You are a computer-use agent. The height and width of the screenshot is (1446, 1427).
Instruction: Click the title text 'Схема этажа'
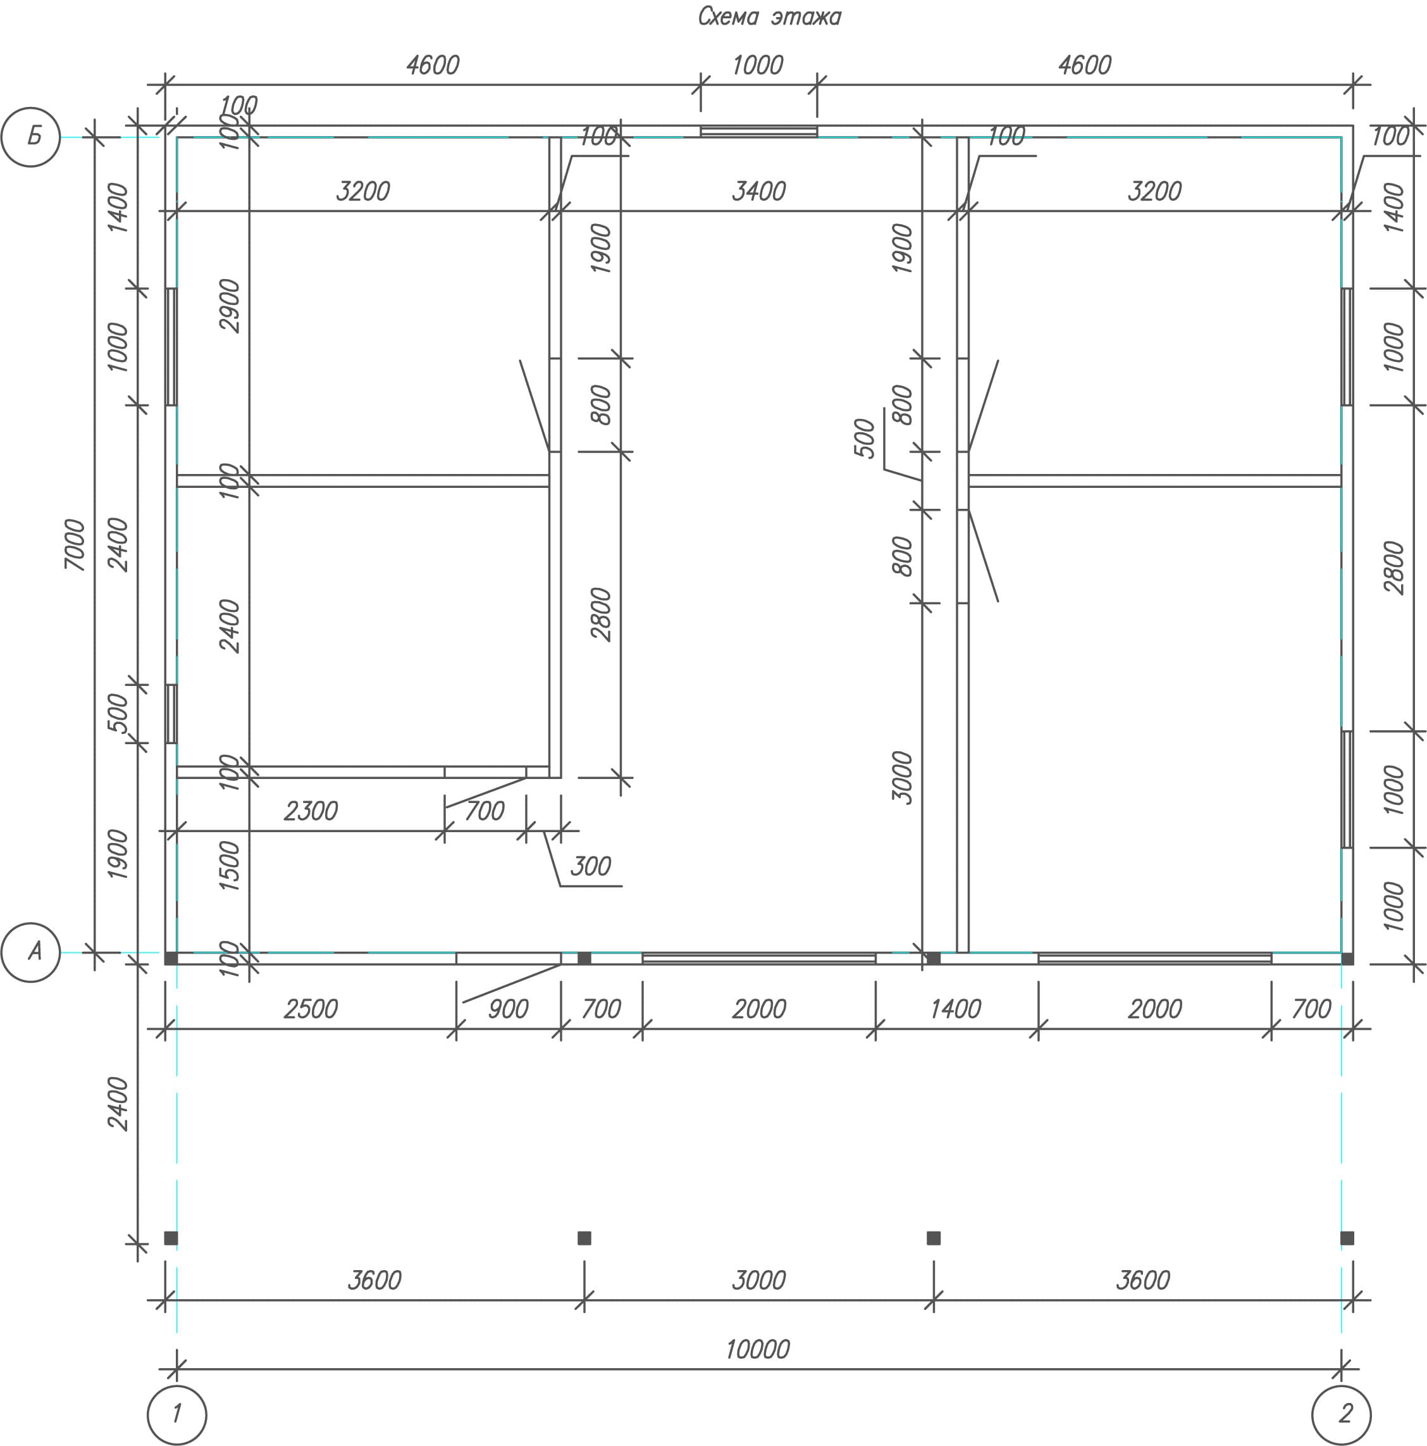[769, 16]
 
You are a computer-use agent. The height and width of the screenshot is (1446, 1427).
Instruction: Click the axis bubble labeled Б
[31, 137]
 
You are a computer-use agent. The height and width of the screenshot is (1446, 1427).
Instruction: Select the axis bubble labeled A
[31, 952]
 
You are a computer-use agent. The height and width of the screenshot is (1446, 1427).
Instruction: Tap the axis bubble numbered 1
[177, 1414]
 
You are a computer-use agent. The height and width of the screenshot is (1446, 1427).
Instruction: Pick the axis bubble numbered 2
[1341, 1414]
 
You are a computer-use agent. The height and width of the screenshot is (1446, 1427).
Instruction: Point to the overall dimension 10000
[757, 1349]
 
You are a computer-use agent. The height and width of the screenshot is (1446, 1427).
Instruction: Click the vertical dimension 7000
[75, 544]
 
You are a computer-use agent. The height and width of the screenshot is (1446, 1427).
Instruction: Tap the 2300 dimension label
[311, 811]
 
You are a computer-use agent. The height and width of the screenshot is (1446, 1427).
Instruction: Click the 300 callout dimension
[590, 866]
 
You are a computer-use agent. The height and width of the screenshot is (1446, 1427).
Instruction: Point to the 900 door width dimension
[508, 1009]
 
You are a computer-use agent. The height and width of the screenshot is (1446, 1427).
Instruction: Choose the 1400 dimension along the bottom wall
[955, 1009]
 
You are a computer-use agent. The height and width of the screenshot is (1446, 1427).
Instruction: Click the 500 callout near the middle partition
[864, 438]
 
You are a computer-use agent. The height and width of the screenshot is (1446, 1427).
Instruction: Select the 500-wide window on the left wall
[171, 713]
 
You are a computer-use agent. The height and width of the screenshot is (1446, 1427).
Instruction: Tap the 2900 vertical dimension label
[230, 306]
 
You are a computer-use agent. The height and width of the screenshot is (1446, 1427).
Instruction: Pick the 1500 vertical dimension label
[230, 865]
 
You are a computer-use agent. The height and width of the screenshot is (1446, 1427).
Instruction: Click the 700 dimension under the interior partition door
[484, 811]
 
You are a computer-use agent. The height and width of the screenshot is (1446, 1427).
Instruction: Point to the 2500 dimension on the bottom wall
[311, 1009]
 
